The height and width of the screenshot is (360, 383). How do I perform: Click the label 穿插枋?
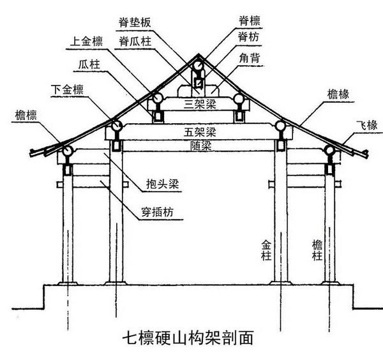point(157,210)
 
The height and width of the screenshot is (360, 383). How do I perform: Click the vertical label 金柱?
point(266,250)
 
